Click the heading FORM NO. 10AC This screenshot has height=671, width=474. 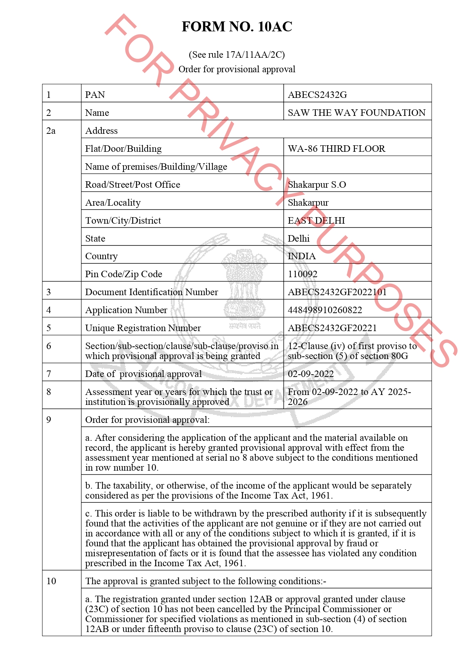click(x=237, y=27)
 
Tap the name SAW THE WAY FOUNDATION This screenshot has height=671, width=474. click(x=356, y=113)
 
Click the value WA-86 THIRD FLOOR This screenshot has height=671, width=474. click(x=336, y=149)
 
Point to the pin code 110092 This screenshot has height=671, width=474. click(x=302, y=274)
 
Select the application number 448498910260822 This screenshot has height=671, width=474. click(x=325, y=310)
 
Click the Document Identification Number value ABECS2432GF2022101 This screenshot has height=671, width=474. click(x=337, y=292)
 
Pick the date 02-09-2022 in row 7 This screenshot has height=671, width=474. click(x=310, y=374)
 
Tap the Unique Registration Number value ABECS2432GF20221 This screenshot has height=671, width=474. click(x=332, y=328)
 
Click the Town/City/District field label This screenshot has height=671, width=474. click(x=123, y=221)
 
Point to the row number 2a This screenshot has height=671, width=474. click(x=51, y=131)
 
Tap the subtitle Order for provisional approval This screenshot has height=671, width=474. click(x=237, y=69)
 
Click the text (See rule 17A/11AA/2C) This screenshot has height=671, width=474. click(x=237, y=55)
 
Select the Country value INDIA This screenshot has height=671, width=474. click(x=302, y=256)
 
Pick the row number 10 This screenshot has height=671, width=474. click(x=51, y=581)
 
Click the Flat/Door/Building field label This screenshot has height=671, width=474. click(x=123, y=149)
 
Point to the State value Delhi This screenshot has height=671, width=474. click(x=299, y=239)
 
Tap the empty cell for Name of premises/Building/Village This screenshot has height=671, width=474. click(x=357, y=167)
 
